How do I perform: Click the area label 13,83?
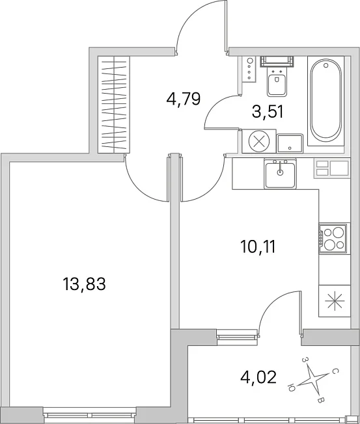pos(84,284)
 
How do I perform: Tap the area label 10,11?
pos(258,246)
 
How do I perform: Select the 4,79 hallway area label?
pos(184,99)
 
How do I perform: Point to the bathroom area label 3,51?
pos(268,112)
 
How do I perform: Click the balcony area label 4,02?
pos(258,377)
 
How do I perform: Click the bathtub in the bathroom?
pos(326,101)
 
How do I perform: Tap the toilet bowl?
pos(277,81)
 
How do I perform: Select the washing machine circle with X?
pos(259,141)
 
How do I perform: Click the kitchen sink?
pos(281,174)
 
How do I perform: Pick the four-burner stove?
pos(333,239)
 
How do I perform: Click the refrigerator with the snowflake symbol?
pos(335,301)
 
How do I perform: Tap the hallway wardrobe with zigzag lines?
pos(114,105)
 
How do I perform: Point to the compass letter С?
pos(335,372)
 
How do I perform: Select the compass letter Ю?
pos(292,388)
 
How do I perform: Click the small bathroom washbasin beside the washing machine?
pos(290,143)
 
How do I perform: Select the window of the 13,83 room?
pos(90,414)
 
